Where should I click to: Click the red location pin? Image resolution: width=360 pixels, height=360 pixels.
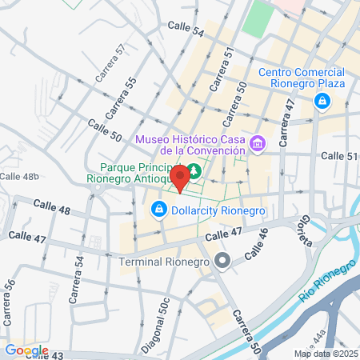coord(182,177)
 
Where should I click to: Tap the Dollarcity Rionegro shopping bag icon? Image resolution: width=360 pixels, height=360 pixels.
coord(158,210)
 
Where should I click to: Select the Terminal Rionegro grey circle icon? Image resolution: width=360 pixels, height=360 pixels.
coord(223,262)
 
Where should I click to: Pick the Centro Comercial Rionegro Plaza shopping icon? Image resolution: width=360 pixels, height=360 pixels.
coord(322,102)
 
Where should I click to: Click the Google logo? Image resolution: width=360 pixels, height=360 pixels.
coord(26,350)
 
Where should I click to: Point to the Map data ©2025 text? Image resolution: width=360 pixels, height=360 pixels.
coord(325,354)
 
